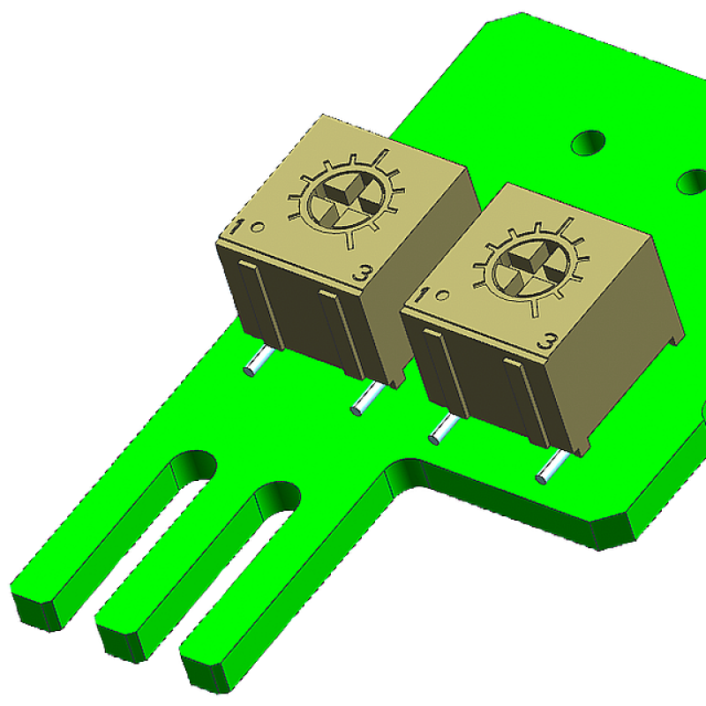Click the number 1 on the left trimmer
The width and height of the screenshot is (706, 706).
pyautogui.click(x=236, y=228)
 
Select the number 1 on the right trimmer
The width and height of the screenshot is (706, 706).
pyautogui.click(x=422, y=296)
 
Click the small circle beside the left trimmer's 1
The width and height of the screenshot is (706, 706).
pyautogui.click(x=258, y=227)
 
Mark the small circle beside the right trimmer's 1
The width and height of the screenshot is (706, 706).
pyautogui.click(x=443, y=296)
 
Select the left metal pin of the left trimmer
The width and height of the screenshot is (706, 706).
pyautogui.click(x=257, y=363)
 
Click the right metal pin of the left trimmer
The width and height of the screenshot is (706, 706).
pyautogui.click(x=367, y=399)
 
